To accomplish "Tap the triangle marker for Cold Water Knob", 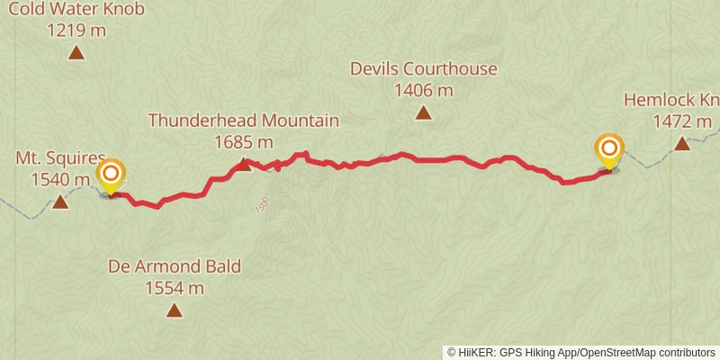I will click(x=76, y=52).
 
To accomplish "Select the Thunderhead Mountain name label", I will click(x=243, y=121).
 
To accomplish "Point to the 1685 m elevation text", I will click(x=243, y=141).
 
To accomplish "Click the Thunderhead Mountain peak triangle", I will click(x=242, y=164).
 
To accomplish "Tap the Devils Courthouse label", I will click(x=423, y=69).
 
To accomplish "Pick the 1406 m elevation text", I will click(x=423, y=90).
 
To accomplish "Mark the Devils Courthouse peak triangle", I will click(x=423, y=112).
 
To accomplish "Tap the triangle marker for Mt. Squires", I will click(x=60, y=201).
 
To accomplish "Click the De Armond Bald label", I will click(x=175, y=267).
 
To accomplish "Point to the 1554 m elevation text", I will click(x=175, y=288).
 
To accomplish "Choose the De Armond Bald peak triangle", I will click(x=175, y=310).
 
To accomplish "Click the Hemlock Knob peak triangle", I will click(x=682, y=143).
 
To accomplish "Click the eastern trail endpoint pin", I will click(x=610, y=149).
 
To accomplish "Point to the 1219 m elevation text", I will click(x=76, y=31).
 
